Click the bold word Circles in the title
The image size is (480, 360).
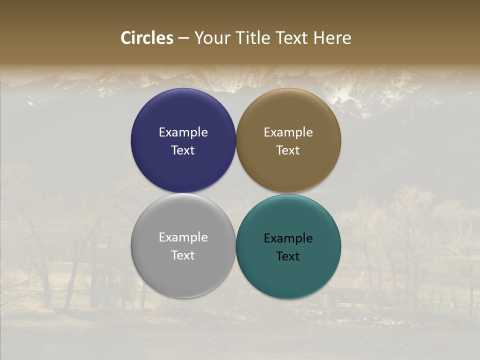[147, 38]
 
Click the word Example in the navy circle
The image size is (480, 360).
[183, 132]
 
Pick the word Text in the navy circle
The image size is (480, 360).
[183, 150]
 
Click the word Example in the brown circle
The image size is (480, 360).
[288, 132]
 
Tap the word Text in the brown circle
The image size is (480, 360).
[288, 150]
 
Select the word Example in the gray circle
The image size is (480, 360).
[183, 237]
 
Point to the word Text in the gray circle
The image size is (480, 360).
[183, 255]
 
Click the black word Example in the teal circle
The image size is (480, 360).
[288, 238]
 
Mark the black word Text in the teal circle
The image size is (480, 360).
[288, 256]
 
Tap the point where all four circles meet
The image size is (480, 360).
[236, 193]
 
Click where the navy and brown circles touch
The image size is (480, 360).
[236, 141]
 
